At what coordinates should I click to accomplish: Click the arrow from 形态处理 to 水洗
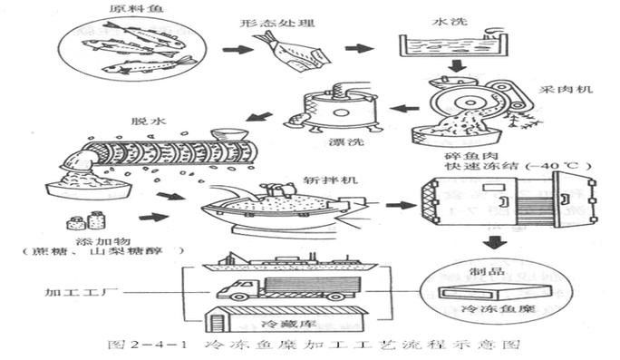coord(359,47)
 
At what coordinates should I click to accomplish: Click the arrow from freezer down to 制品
coord(494,242)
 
